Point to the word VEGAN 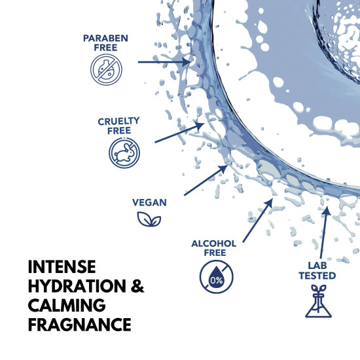pos(151,204)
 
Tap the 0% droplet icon pos(213,276)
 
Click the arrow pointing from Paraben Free pos(163,62)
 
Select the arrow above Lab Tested pos(323,229)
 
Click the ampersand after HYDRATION pos(137,287)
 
